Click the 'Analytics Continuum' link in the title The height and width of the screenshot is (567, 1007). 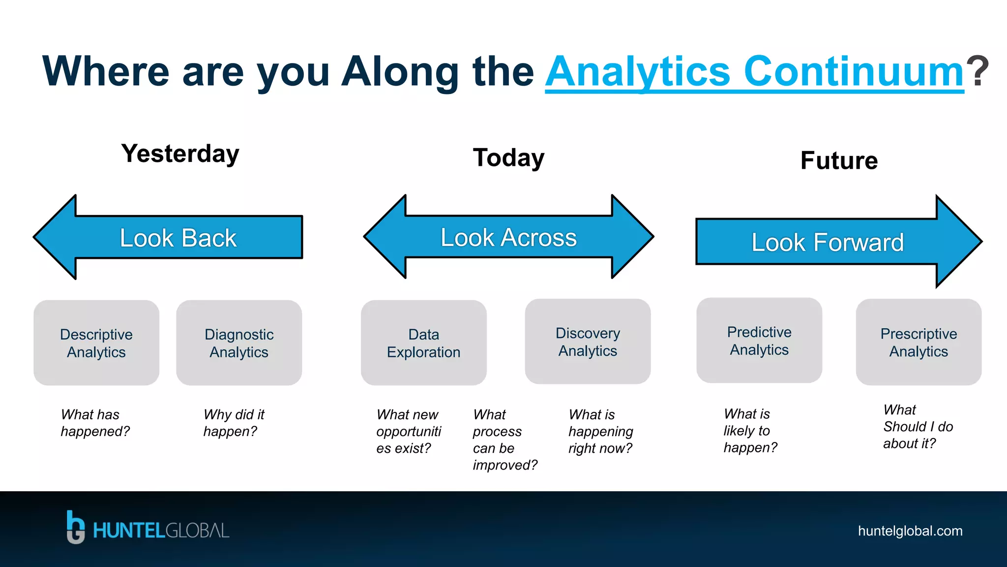754,72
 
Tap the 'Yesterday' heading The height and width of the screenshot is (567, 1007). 180,154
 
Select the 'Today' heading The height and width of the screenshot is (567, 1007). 508,158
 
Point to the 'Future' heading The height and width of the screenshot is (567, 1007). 839,160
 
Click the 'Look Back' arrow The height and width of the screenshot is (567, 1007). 178,238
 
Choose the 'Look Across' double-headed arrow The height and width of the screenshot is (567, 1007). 508,237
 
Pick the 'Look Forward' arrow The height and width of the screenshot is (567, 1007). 828,242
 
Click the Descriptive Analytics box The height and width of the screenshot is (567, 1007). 96,343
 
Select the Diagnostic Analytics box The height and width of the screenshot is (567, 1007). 239,343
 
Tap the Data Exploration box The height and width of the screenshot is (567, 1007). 423,343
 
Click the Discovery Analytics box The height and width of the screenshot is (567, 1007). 588,342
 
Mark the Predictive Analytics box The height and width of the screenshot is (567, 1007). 759,341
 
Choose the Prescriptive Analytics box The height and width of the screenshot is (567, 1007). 918,342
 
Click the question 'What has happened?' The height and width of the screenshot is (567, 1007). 95,423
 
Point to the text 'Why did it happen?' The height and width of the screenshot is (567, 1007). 234,423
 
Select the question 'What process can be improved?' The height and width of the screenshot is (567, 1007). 504,440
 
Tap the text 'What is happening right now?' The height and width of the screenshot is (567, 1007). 600,431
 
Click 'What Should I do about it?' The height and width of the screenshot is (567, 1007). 918,427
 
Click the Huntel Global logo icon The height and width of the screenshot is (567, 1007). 75,527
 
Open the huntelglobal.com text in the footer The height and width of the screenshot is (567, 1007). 910,531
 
